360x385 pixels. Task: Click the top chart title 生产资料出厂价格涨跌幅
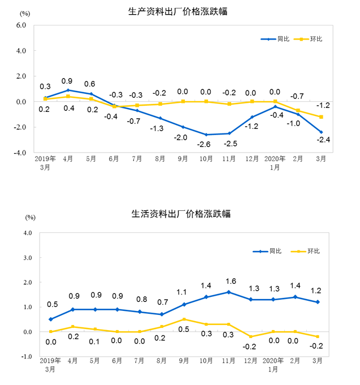click(x=179, y=11)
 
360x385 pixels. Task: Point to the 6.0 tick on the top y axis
click(x=21, y=25)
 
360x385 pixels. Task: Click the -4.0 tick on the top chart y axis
click(x=20, y=153)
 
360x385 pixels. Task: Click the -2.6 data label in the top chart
click(x=206, y=145)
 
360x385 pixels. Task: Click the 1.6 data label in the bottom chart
click(x=230, y=281)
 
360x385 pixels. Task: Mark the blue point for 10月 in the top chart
click(x=206, y=135)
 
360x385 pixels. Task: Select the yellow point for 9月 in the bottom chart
click(x=183, y=319)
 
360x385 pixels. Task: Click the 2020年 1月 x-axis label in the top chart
click(x=275, y=163)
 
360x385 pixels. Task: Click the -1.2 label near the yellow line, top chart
click(x=323, y=106)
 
